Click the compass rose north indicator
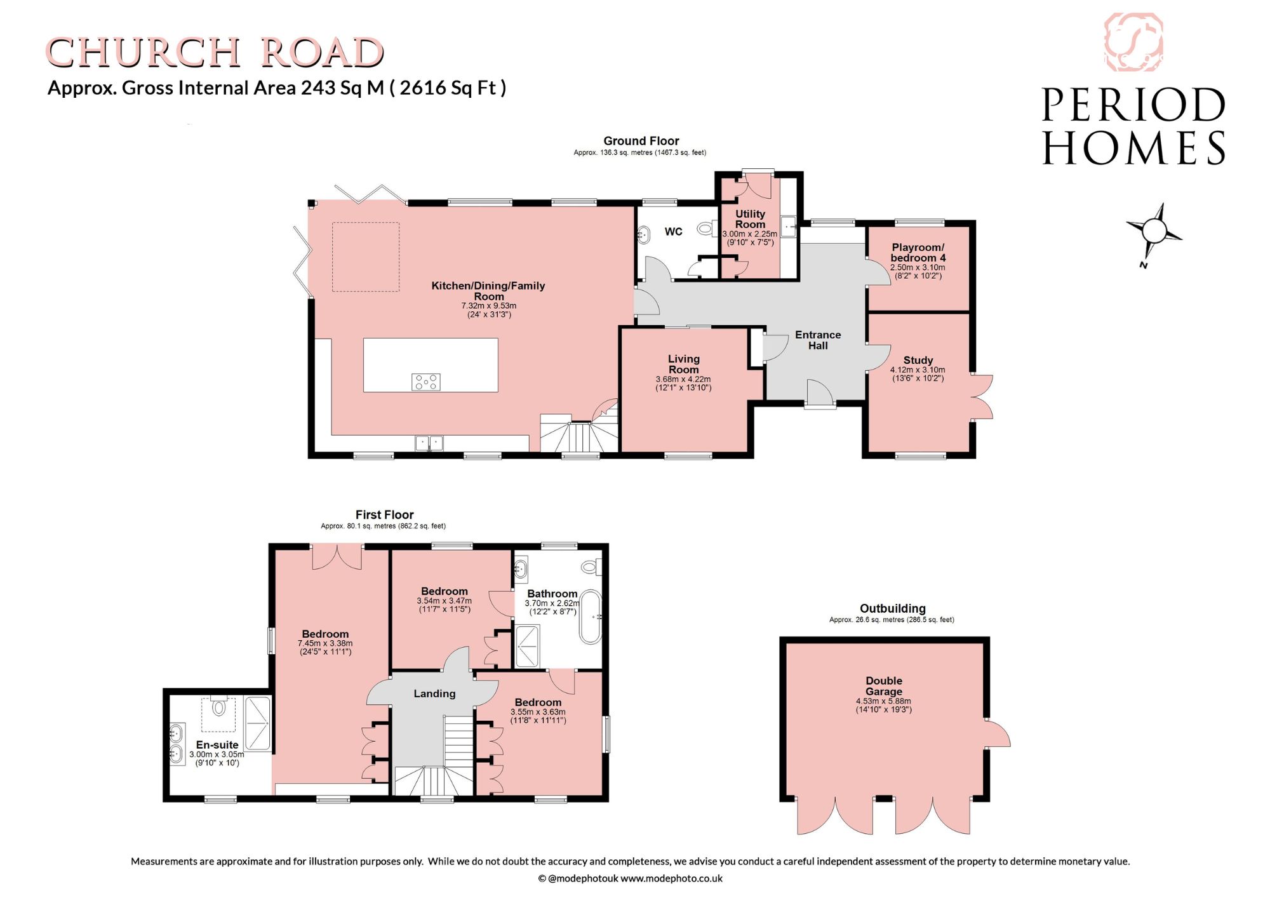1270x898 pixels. click(1154, 234)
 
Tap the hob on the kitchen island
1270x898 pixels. click(426, 382)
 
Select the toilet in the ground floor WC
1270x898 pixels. click(705, 228)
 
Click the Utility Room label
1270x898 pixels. click(750, 219)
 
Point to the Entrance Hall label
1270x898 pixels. click(818, 340)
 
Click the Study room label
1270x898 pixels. click(918, 360)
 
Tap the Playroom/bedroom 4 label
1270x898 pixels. click(918, 252)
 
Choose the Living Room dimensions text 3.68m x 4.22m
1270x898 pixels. click(683, 379)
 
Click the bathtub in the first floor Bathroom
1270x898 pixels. click(591, 617)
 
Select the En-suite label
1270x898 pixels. click(217, 744)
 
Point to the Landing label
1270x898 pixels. click(434, 694)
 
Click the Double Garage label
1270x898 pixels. click(884, 686)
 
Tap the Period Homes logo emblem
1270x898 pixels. click(1133, 43)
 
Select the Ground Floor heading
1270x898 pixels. click(641, 141)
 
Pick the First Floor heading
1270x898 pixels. click(384, 514)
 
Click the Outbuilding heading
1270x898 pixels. click(892, 608)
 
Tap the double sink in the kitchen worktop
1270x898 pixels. click(429, 443)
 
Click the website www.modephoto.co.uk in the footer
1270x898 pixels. click(671, 878)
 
